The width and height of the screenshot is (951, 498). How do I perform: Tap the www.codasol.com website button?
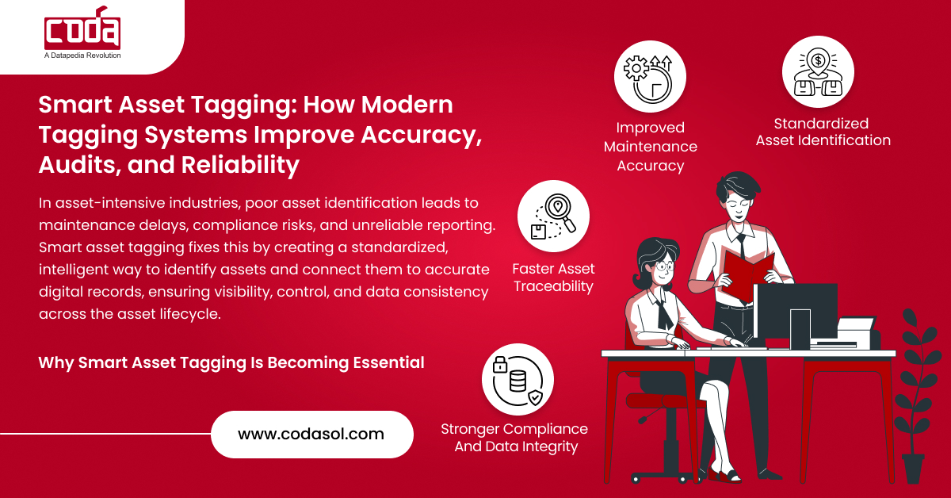pyautogui.click(x=311, y=434)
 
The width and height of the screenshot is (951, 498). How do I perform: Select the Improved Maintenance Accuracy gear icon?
pyautogui.click(x=650, y=77)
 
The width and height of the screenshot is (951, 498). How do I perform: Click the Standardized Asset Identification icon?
pyautogui.click(x=817, y=72)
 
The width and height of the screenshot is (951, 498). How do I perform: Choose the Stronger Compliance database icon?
pyautogui.click(x=518, y=379)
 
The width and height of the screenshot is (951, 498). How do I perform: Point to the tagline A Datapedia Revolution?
pyautogui.click(x=82, y=56)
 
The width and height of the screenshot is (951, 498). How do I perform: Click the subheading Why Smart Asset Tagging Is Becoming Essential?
pyautogui.click(x=231, y=362)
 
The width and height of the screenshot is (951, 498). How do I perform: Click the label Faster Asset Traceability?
pyautogui.click(x=553, y=278)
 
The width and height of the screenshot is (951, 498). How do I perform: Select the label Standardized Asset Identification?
pyautogui.click(x=823, y=132)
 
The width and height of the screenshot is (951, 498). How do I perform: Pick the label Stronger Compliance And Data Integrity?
pyautogui.click(x=514, y=438)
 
